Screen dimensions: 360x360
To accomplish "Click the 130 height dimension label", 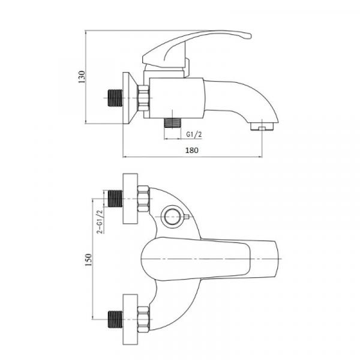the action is [x=82, y=77].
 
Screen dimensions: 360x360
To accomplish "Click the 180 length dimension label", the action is [x=192, y=151].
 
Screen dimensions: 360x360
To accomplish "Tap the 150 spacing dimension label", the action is [x=88, y=260].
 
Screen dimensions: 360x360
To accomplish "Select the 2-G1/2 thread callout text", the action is [x=100, y=222].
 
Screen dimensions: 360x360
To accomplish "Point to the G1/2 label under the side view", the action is [x=194, y=134].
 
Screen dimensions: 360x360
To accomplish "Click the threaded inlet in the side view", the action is [x=115, y=98].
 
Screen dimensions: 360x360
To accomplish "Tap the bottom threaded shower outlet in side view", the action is [x=173, y=123].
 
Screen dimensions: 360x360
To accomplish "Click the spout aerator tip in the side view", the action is [x=262, y=127].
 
